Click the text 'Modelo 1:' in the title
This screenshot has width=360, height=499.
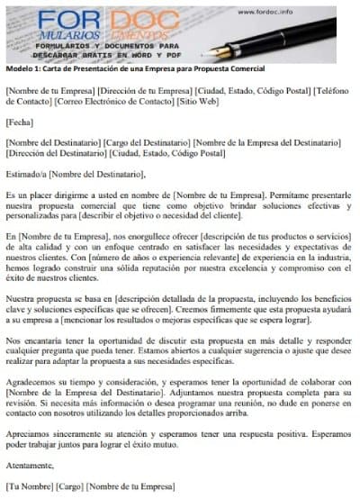(x=22, y=69)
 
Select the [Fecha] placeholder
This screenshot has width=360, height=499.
(x=21, y=122)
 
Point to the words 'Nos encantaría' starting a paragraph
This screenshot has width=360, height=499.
(x=32, y=341)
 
